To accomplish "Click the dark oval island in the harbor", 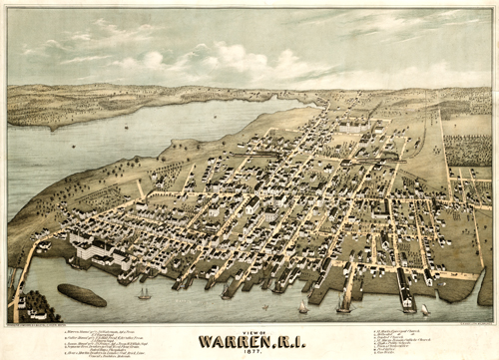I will tap(82, 295).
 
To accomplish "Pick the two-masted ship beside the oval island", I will tap(144, 293).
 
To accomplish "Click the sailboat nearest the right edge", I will tap(423, 309).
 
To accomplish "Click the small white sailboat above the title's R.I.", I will tap(302, 306).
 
